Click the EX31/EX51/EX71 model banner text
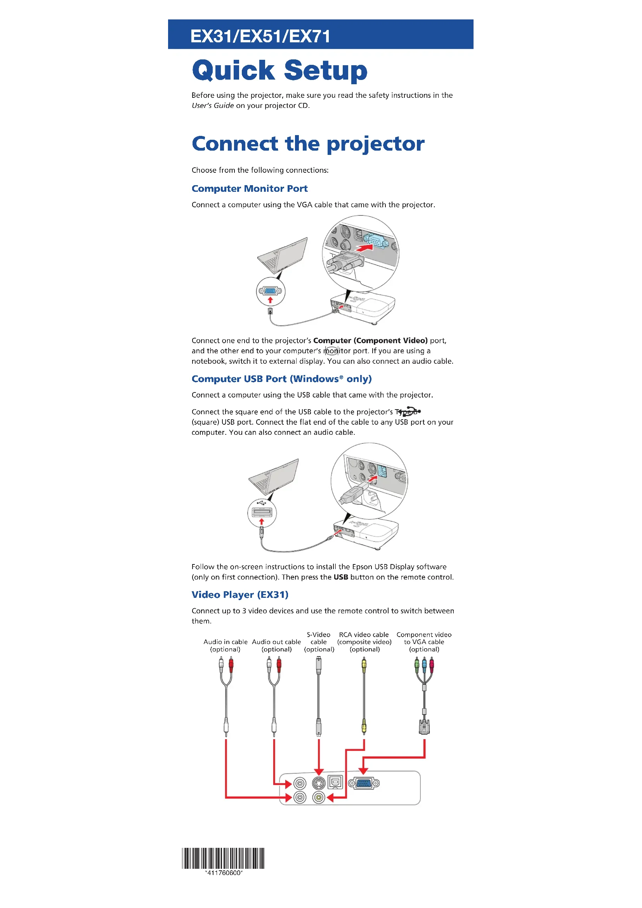[x=260, y=36]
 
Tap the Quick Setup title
[x=279, y=70]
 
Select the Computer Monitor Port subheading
[x=250, y=189]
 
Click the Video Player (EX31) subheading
[x=240, y=595]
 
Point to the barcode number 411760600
[x=224, y=873]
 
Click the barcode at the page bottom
[x=223, y=858]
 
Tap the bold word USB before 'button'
[x=341, y=577]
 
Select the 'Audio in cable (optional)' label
[x=226, y=646]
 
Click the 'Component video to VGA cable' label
[x=424, y=642]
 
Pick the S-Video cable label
[x=319, y=642]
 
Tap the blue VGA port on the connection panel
[x=364, y=783]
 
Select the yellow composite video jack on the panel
[x=319, y=798]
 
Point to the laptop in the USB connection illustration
[x=274, y=477]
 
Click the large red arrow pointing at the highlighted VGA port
[x=364, y=248]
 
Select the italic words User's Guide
[x=213, y=106]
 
